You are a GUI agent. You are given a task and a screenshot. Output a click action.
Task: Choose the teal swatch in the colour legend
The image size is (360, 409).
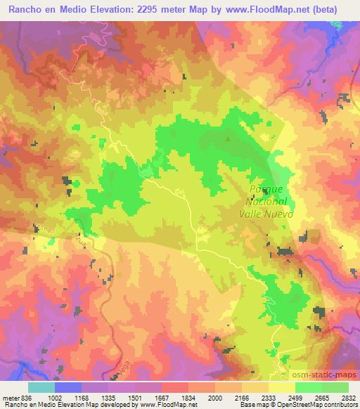coord(41,387)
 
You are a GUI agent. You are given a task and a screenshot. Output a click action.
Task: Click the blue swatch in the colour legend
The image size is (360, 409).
coord(67,387)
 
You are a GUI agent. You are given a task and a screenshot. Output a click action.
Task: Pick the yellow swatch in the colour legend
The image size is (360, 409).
coord(281,387)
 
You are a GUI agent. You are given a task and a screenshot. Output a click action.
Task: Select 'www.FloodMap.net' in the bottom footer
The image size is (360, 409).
coord(162,405)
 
